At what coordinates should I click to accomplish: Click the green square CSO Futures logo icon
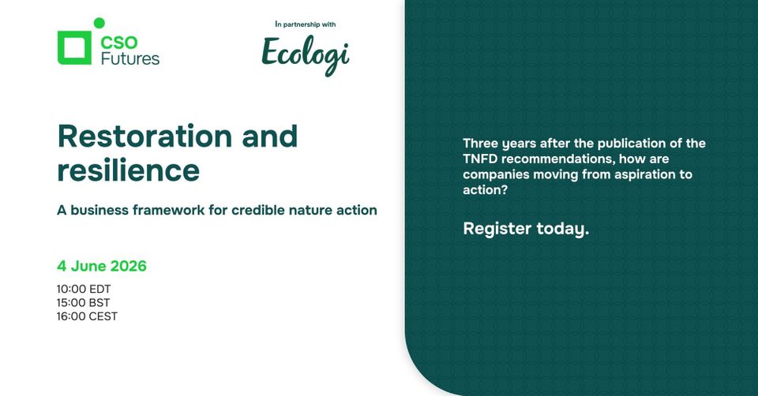tap(75, 47)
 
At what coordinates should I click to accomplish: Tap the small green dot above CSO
tap(99, 23)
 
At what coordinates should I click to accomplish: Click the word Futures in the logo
tap(130, 58)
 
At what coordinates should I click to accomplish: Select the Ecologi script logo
tap(306, 53)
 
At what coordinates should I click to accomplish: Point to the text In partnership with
tap(306, 24)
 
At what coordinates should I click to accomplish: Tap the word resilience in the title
tap(128, 170)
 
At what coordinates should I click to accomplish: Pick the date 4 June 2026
tap(102, 266)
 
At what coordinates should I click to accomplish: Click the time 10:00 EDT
tap(84, 289)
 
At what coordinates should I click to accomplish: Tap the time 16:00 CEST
tap(87, 316)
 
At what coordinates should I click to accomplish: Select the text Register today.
tap(526, 229)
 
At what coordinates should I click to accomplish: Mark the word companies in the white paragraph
tap(493, 174)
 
